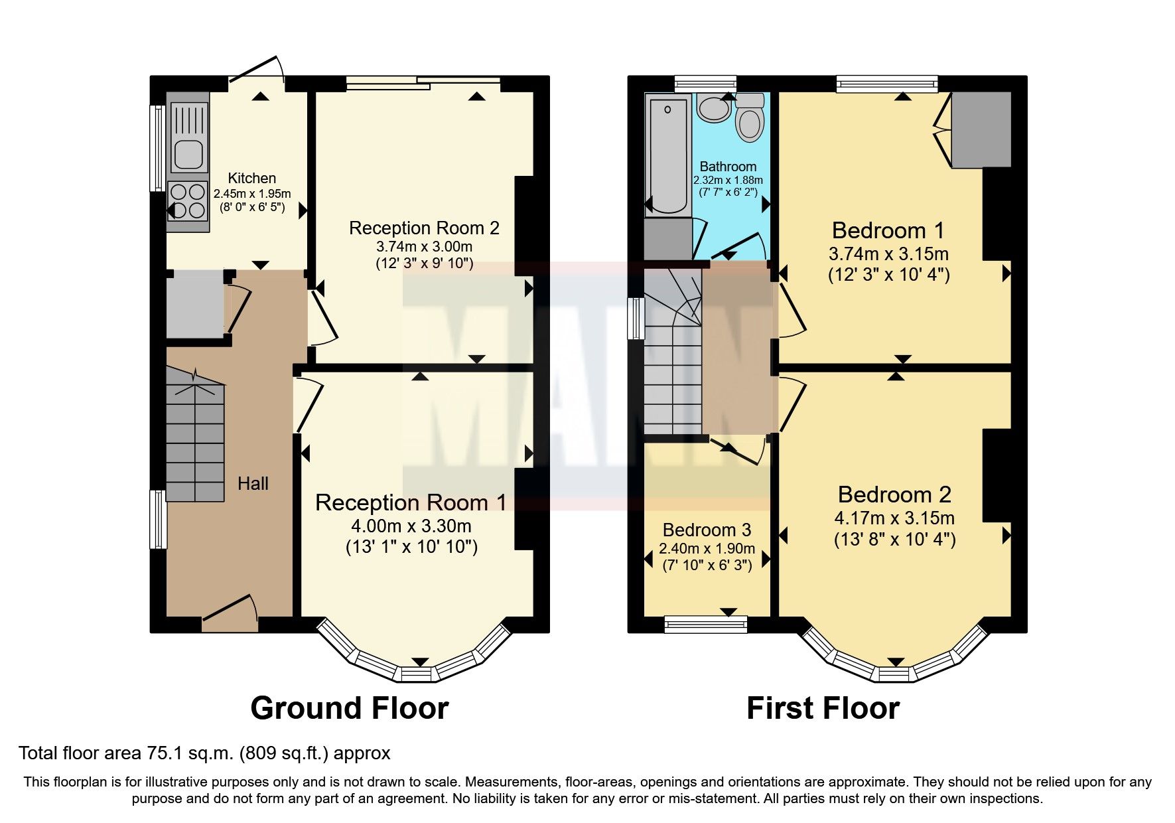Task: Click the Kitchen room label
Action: click(x=251, y=178)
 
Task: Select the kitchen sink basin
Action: click(x=188, y=155)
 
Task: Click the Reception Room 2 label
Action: click(x=424, y=228)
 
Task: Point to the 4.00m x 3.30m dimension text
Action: click(x=411, y=526)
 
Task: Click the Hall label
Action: click(x=253, y=483)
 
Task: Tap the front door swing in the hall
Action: click(x=230, y=609)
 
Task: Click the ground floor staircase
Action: click(x=194, y=438)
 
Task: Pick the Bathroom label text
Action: click(x=728, y=167)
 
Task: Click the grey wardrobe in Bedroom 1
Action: click(x=981, y=129)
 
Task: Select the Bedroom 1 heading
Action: click(x=888, y=230)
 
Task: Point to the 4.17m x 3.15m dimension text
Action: click(x=894, y=518)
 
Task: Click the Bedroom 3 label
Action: click(x=707, y=530)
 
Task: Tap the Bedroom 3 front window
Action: click(x=705, y=622)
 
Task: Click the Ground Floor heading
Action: click(x=349, y=708)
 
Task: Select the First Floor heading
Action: click(x=823, y=708)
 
